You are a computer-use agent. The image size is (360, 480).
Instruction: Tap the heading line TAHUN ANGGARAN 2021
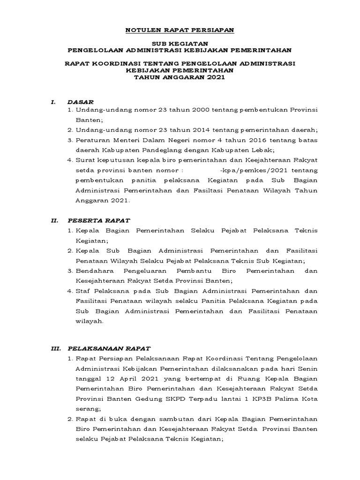click(x=180, y=78)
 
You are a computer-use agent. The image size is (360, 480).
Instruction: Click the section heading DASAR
click(x=81, y=101)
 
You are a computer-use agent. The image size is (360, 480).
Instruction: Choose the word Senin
click(x=307, y=369)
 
